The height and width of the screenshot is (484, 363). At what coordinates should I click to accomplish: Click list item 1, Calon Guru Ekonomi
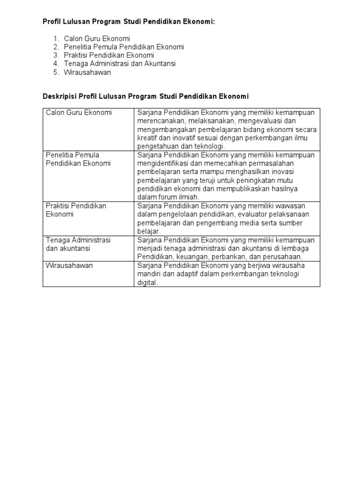[97, 38]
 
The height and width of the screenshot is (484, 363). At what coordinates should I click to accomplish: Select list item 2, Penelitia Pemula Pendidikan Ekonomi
[124, 47]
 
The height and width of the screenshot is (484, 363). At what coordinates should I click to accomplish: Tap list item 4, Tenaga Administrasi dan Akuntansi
[120, 64]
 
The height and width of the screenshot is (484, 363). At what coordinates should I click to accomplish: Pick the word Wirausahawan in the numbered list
[87, 72]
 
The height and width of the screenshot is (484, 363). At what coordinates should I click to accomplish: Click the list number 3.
[56, 55]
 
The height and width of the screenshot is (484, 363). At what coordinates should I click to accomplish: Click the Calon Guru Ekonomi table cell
[78, 112]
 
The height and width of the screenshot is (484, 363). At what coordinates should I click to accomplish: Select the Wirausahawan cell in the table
[69, 266]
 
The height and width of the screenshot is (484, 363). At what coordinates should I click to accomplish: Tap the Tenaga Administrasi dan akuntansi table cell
[78, 244]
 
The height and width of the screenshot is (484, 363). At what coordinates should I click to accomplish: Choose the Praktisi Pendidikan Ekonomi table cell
[76, 210]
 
